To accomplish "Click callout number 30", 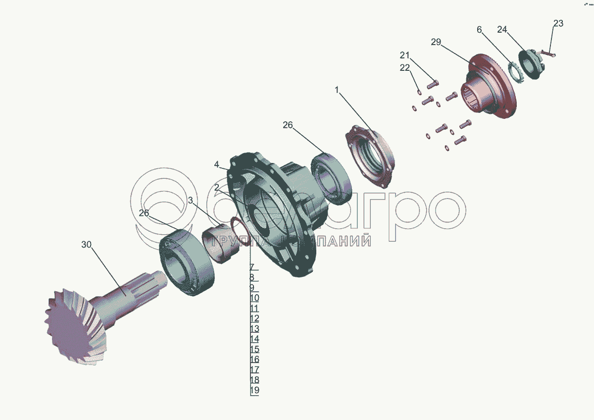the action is point(87,245).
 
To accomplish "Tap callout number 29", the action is point(436,42).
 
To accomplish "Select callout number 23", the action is point(558,23).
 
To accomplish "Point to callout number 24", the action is point(501,30).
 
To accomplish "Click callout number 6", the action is point(479,30).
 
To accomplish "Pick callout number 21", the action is point(405,54).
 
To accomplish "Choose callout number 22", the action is point(405,68).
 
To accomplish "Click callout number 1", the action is point(337,90).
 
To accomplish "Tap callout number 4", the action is point(216,164).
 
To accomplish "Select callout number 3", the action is point(191,200).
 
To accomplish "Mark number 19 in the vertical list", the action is point(254,391).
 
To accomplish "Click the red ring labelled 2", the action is point(242,233).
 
